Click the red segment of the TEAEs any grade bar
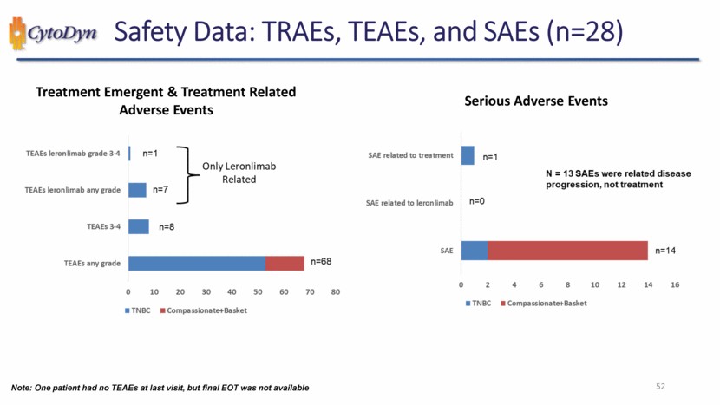(285, 263)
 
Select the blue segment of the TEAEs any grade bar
(196, 263)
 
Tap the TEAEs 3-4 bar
(138, 226)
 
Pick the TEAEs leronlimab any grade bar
(137, 190)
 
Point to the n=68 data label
(321, 261)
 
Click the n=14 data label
(664, 251)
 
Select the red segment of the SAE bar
(567, 251)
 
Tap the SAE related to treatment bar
(468, 155)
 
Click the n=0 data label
(476, 201)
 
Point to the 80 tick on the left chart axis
(336, 291)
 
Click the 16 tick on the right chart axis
(674, 284)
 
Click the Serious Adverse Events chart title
(536, 101)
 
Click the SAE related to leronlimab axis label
(410, 203)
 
